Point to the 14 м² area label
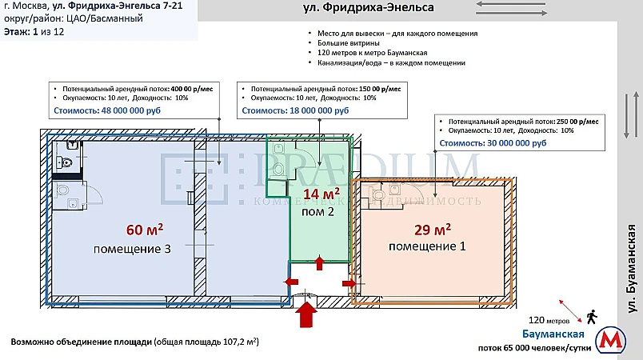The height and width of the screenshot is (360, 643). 321,193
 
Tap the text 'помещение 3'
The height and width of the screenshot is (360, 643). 133,249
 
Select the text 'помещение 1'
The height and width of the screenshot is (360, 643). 427,246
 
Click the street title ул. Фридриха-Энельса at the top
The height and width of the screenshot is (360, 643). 369,8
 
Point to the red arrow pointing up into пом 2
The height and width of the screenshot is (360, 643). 320,263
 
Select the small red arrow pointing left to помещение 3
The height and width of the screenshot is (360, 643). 290,282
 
